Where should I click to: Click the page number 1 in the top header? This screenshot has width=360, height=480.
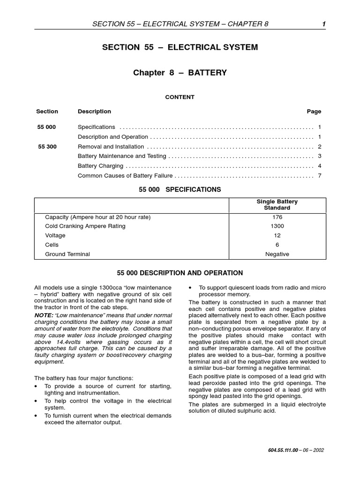pyautogui.click(x=323, y=24)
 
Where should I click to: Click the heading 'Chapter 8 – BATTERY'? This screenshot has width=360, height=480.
pyautogui.click(x=180, y=73)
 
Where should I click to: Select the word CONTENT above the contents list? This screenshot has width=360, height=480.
pyautogui.click(x=180, y=97)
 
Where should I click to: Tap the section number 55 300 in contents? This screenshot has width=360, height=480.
pyautogui.click(x=47, y=147)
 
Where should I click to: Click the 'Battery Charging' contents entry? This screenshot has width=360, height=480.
pyautogui.click(x=100, y=166)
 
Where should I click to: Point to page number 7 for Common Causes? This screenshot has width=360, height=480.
pyautogui.click(x=319, y=176)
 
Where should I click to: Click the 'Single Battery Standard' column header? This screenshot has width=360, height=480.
pyautogui.click(x=277, y=204)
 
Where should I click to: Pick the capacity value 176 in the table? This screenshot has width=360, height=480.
pyautogui.click(x=277, y=217)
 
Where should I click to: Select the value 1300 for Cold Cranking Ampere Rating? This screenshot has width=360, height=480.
pyautogui.click(x=277, y=226)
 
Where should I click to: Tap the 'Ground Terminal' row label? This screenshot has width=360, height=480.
pyautogui.click(x=67, y=254)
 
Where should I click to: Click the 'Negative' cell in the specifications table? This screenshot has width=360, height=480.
pyautogui.click(x=277, y=254)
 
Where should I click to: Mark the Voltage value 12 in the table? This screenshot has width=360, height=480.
pyautogui.click(x=277, y=235)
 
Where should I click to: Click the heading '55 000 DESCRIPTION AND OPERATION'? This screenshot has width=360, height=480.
pyautogui.click(x=180, y=273)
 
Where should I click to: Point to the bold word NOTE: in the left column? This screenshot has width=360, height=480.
pyautogui.click(x=44, y=315)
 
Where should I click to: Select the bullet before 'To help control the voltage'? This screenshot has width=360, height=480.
pyautogui.click(x=37, y=401)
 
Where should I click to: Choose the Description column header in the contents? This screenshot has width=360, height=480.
pyautogui.click(x=94, y=112)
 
